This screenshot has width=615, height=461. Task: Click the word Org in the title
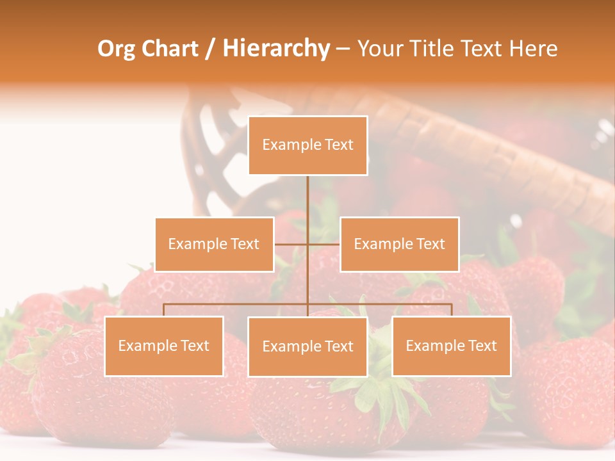(116, 49)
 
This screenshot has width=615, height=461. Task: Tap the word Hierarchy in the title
(275, 49)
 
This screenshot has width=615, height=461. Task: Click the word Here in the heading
(533, 49)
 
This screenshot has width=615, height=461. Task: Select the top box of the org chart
(307, 145)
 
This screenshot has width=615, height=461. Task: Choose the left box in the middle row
(214, 245)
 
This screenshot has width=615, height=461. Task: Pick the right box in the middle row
(399, 245)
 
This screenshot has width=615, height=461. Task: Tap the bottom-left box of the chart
(164, 346)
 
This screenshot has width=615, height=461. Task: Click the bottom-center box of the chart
(307, 347)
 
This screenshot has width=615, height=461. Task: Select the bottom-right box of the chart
(452, 346)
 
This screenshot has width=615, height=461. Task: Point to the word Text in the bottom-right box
(482, 346)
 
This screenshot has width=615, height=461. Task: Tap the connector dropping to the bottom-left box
(164, 310)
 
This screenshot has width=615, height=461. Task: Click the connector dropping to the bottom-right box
(452, 310)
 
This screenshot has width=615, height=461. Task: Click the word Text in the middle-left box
(244, 244)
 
